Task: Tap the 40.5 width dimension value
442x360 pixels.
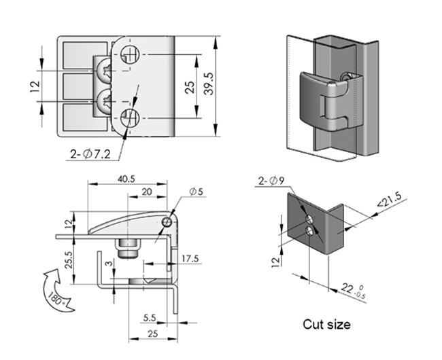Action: [x=126, y=179]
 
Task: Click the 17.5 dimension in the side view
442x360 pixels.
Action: [x=191, y=258]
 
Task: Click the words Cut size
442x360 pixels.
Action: [x=326, y=325]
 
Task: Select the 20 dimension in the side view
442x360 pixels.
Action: [x=146, y=192]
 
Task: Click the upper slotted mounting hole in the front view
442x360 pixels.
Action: [x=130, y=54]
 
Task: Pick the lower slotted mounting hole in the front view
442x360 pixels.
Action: [x=130, y=117]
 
